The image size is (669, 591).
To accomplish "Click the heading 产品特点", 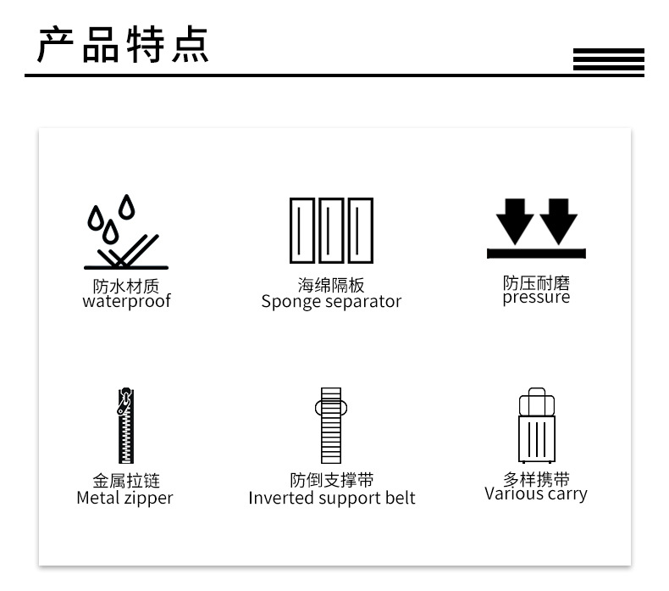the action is [124, 46].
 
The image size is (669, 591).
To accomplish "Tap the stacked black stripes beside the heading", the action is [608, 61].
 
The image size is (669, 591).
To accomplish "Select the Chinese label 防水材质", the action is [126, 286].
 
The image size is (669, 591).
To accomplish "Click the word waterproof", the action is [126, 301].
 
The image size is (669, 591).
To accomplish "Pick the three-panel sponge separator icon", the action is [331, 230].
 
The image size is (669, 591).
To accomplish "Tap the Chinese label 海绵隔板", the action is [331, 286].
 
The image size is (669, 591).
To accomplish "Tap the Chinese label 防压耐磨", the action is [536, 282].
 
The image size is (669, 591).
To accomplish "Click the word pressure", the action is [536, 298].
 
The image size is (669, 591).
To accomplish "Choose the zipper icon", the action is [125, 426].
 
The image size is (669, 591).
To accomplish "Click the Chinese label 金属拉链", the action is [125, 482].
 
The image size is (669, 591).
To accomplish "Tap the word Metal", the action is [97, 498].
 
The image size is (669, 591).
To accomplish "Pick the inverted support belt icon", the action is [331, 426].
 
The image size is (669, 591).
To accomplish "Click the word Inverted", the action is [278, 498].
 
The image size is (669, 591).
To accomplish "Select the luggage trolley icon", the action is [536, 426].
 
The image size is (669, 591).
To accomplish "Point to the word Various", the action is [512, 493].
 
